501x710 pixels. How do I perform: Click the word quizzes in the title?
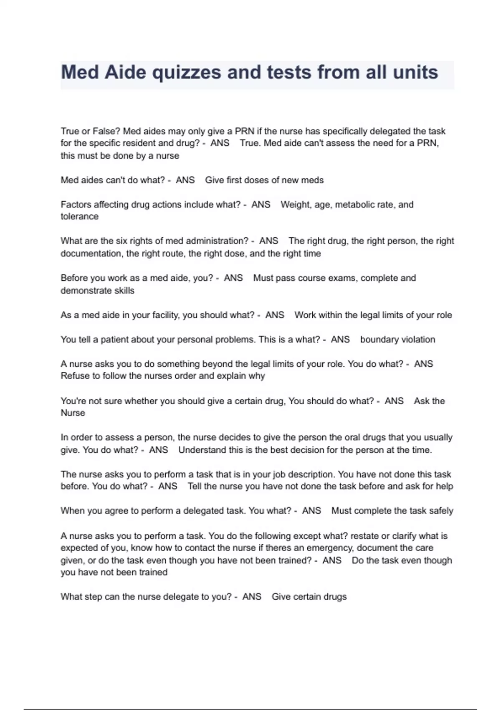tap(186, 73)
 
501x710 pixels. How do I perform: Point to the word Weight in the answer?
tap(294, 205)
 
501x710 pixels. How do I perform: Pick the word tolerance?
tap(79, 216)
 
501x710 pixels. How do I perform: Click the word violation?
tap(417, 340)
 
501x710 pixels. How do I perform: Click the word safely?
tap(441, 511)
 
